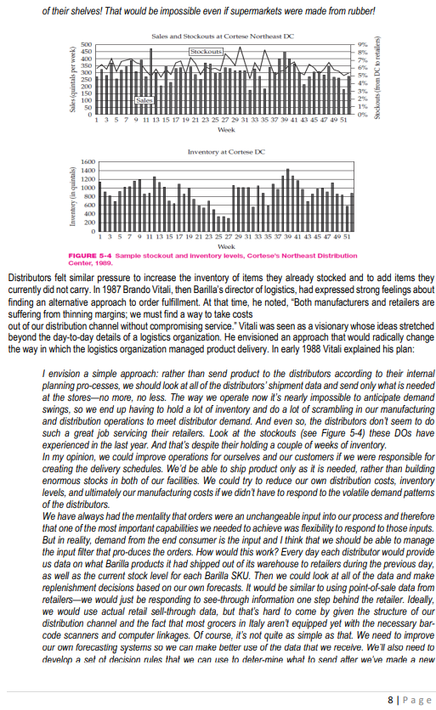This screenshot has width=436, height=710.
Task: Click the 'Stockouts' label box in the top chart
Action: [204, 53]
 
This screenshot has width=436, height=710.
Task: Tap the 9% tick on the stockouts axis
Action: [363, 44]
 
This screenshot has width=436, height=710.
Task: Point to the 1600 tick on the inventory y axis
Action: [84, 161]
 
